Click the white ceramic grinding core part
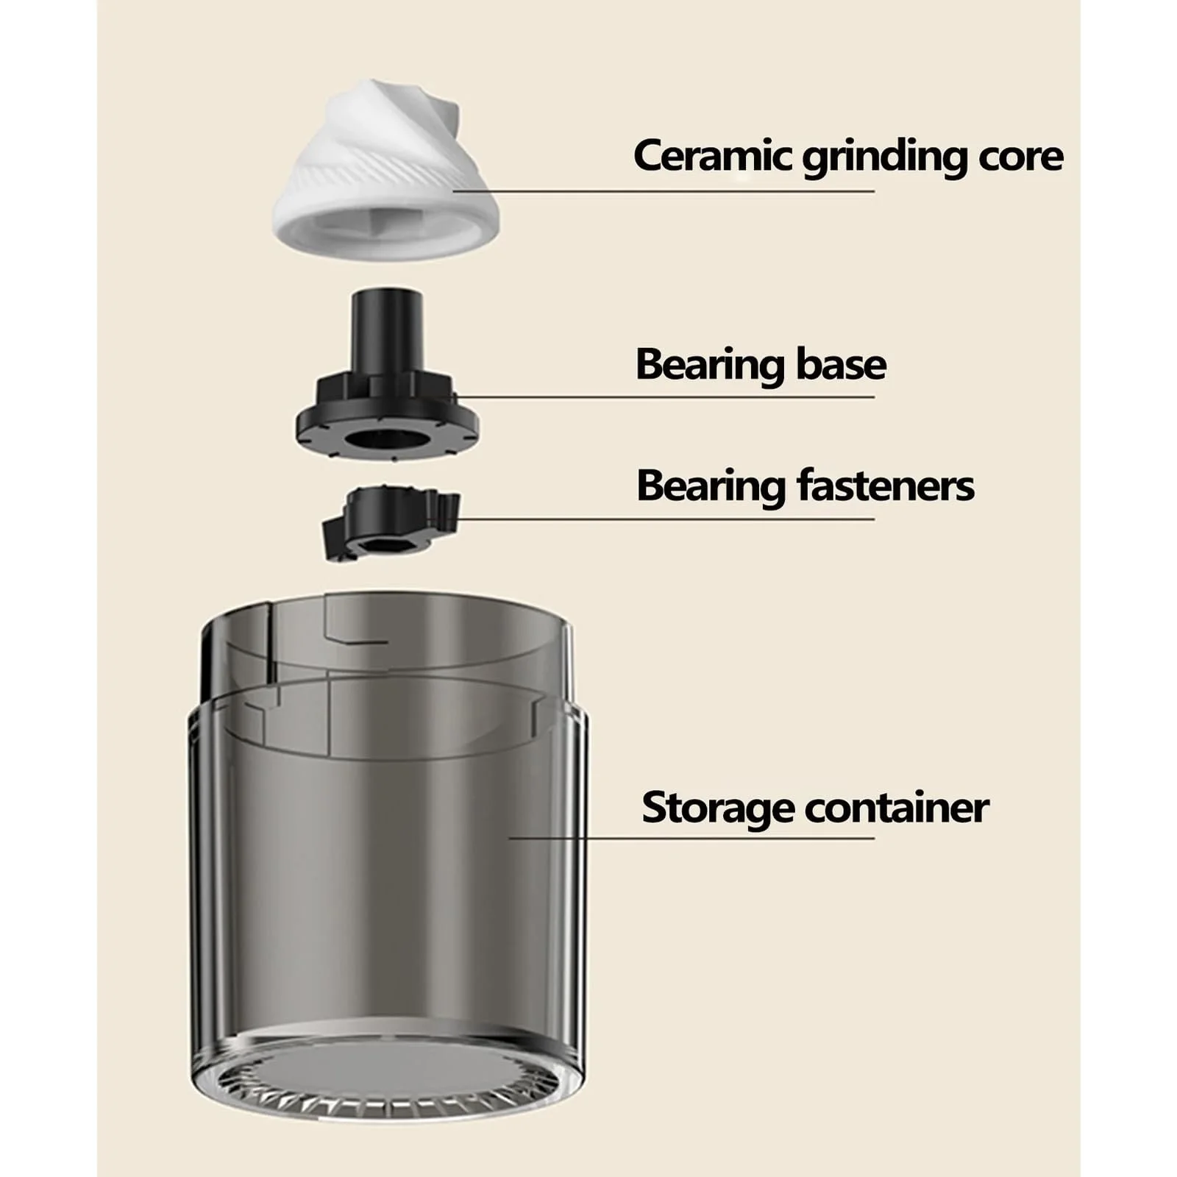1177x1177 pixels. (x=385, y=173)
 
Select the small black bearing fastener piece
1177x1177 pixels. (x=391, y=521)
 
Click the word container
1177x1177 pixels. (x=896, y=808)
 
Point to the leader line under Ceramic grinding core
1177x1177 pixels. (x=664, y=191)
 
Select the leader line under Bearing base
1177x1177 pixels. (x=666, y=397)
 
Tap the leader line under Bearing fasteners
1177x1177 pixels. (x=666, y=519)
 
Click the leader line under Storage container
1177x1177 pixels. (x=691, y=837)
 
